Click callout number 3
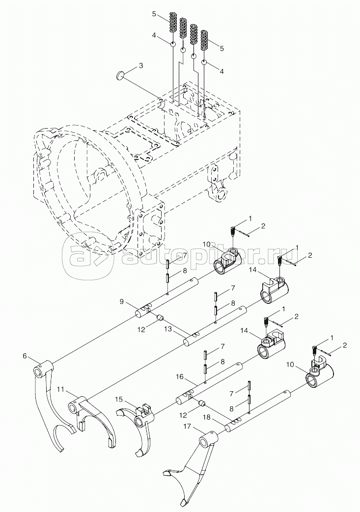coord(141,66)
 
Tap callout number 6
coord(25,355)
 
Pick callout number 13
coord(167,329)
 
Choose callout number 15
coord(119,400)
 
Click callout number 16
coord(179,377)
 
